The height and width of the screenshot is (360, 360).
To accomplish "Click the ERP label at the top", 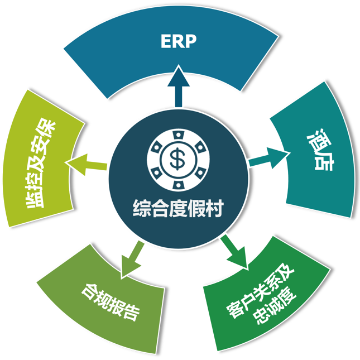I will tap(179, 41).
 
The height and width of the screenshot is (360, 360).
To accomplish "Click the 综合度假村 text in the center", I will tap(178, 209).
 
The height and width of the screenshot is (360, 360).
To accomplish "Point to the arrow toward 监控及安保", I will tap(86, 164).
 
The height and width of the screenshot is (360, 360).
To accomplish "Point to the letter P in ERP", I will tap(191, 41).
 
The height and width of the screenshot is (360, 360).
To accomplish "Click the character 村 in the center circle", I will tap(215, 209).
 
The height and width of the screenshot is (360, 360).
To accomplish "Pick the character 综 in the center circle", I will tap(141, 209).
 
